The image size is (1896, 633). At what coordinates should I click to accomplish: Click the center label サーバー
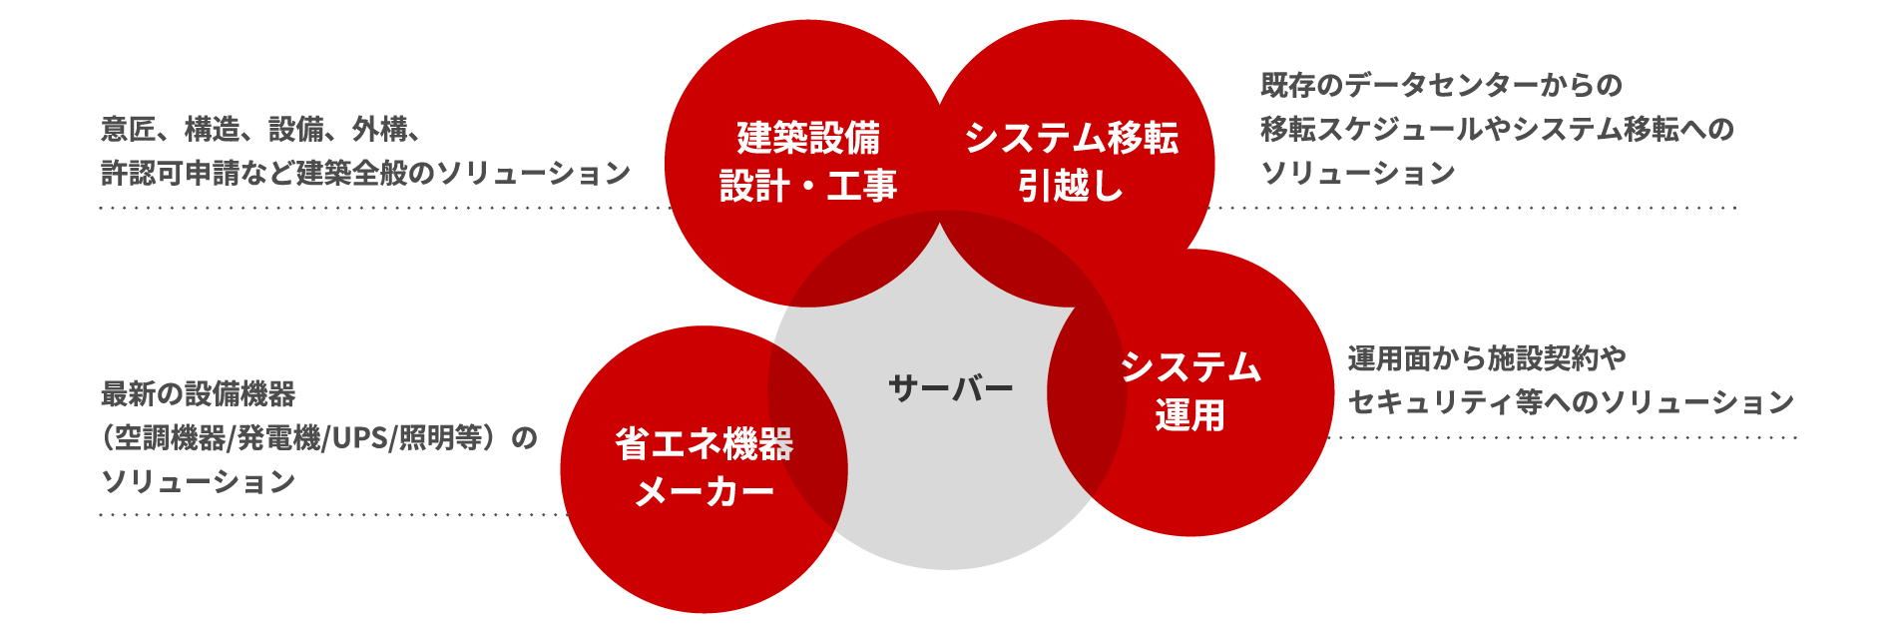tap(950, 387)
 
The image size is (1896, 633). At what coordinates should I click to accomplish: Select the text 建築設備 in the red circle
tap(808, 138)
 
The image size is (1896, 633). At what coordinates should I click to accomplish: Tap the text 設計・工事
tap(808, 186)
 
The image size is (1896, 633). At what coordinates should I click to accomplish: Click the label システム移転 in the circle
tap(1071, 138)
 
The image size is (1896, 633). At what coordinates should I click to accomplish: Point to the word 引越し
tap(1071, 186)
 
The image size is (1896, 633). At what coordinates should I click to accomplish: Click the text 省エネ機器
tap(704, 444)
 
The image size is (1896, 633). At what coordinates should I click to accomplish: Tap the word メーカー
tap(704, 492)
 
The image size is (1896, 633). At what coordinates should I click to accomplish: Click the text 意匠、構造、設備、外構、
tap(261, 129)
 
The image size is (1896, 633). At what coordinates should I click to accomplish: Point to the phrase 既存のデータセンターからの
tap(1441, 85)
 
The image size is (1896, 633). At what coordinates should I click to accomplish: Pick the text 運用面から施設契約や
tap(1487, 357)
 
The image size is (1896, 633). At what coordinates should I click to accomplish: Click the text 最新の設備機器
tap(198, 393)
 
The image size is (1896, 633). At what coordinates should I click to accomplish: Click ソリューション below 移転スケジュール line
tap(1357, 173)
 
